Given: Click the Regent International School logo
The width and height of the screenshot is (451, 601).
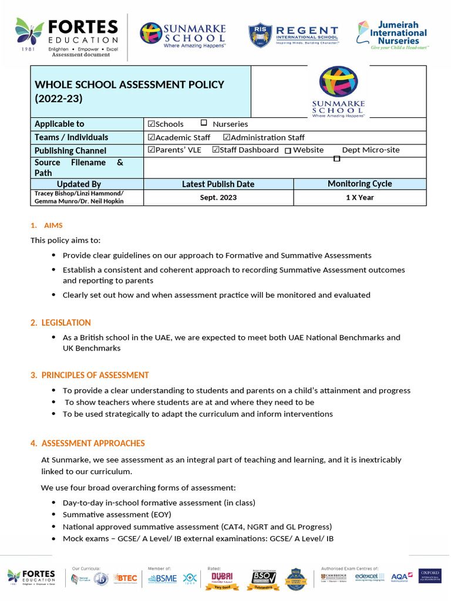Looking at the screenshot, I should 293,35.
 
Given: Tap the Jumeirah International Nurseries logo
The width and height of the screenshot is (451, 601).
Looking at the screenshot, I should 392,35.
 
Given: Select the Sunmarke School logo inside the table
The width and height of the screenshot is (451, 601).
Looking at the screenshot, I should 338,92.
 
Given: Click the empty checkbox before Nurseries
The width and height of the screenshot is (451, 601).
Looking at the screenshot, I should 204,123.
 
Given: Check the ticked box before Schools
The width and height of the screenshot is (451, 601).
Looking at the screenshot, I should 152,124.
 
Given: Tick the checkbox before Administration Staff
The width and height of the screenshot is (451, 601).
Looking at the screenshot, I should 227,137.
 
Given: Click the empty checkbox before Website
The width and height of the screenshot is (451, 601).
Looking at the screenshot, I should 288,151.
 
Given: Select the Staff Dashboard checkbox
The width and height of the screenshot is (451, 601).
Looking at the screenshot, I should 216,150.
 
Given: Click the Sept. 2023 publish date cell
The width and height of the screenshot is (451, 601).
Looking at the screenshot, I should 218,198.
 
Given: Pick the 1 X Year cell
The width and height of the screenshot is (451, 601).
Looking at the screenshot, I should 359,198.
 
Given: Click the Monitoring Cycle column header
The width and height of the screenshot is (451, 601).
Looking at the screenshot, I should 359,184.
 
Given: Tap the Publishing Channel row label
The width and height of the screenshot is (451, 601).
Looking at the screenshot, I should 70,151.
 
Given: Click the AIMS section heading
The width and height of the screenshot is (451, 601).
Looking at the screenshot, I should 53,225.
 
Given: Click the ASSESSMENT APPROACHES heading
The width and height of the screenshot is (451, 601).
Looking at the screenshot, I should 93,443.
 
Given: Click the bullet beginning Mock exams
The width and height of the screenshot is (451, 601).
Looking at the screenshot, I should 198,538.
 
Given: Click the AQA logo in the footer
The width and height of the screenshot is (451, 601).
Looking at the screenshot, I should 402,577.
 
